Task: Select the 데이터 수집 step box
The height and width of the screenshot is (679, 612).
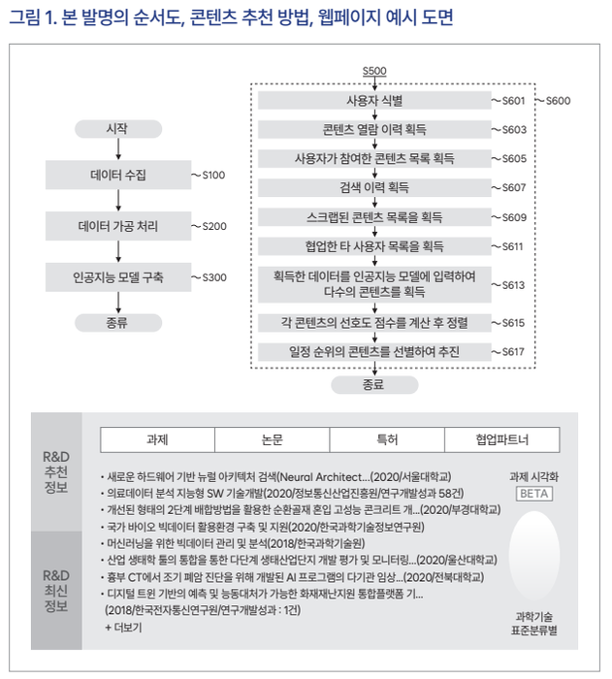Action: [117, 176]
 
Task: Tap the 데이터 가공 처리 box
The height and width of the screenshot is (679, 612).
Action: [117, 226]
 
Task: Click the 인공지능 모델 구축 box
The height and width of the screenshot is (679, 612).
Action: [117, 276]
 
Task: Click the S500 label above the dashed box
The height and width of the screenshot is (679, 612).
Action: [373, 72]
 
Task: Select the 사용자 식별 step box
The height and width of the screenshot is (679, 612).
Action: [373, 100]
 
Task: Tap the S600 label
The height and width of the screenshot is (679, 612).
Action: [558, 100]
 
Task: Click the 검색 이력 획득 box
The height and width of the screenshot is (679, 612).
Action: [373, 187]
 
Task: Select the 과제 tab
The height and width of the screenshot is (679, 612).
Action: [158, 439]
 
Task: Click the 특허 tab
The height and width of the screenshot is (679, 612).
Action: [386, 439]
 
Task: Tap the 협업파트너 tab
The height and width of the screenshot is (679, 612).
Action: [501, 439]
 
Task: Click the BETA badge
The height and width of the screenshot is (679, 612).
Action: [534, 494]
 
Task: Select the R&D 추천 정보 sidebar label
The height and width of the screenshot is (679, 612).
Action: [55, 471]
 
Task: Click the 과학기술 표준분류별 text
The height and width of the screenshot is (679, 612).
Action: [534, 623]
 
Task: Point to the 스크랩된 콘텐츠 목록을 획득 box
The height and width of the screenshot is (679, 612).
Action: [373, 216]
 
